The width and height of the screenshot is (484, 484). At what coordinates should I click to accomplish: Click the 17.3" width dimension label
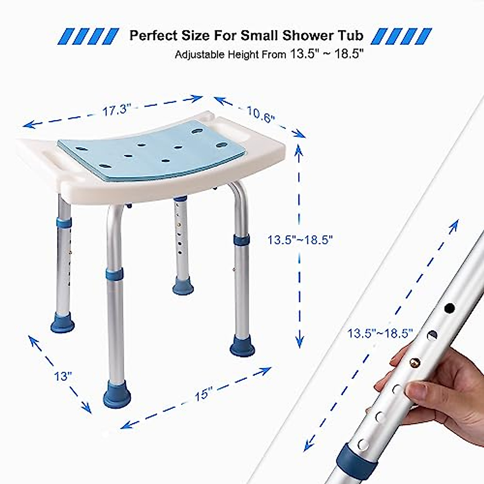tap(117, 110)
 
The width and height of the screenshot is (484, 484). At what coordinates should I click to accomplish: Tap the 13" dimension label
tap(63, 376)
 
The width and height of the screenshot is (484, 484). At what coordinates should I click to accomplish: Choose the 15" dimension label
tap(203, 393)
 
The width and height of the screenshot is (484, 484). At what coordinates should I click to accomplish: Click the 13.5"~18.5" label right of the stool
tap(300, 240)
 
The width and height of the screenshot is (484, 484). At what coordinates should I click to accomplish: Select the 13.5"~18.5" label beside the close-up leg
tap(380, 334)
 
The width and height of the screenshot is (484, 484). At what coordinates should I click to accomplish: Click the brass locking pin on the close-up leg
tap(415, 363)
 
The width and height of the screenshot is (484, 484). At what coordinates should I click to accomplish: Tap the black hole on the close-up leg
tap(449, 309)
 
